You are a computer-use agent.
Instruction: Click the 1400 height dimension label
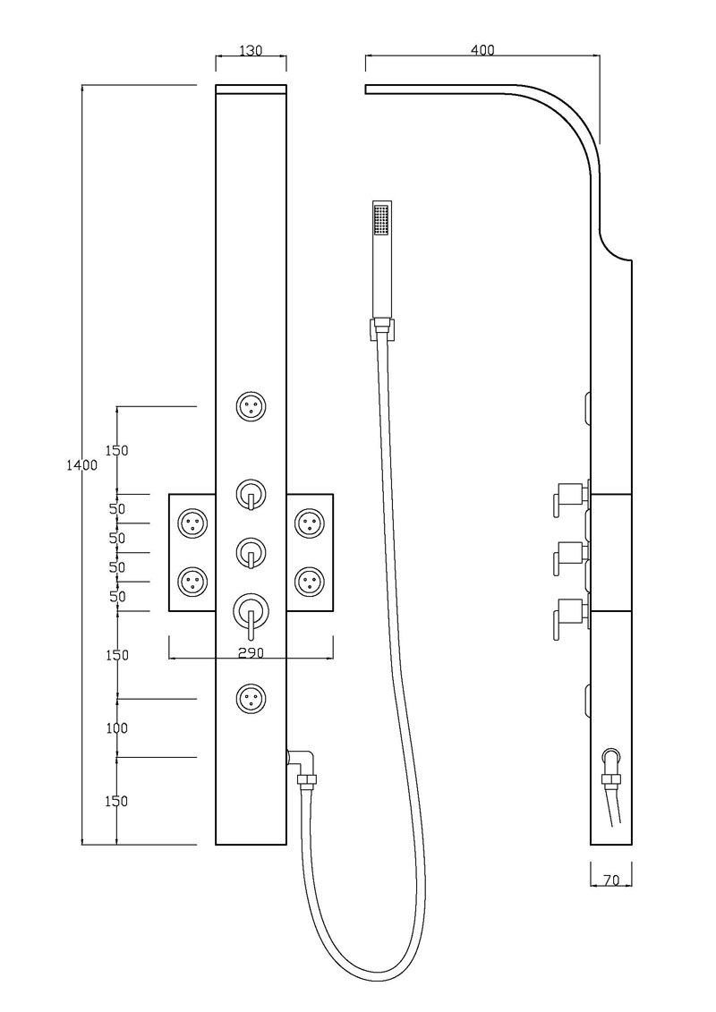(x=82, y=465)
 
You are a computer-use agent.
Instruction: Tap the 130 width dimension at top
(x=251, y=50)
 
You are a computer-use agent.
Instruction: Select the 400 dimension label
(x=482, y=50)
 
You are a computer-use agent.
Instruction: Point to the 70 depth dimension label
(x=611, y=880)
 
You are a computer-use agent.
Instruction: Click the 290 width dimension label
(x=251, y=653)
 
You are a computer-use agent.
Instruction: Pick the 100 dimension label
(x=116, y=728)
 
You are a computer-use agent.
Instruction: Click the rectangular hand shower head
(x=383, y=260)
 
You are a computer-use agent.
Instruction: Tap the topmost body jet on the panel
(x=251, y=407)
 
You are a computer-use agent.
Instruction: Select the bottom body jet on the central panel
(x=251, y=698)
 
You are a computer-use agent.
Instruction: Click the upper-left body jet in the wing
(x=192, y=523)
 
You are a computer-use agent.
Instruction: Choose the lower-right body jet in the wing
(x=310, y=581)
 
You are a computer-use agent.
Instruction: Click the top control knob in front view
(x=250, y=495)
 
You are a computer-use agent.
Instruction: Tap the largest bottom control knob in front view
(x=250, y=613)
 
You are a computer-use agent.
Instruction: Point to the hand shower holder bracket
(x=382, y=328)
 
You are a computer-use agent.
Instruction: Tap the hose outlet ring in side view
(x=610, y=756)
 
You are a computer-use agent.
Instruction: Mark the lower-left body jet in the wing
(x=192, y=581)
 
